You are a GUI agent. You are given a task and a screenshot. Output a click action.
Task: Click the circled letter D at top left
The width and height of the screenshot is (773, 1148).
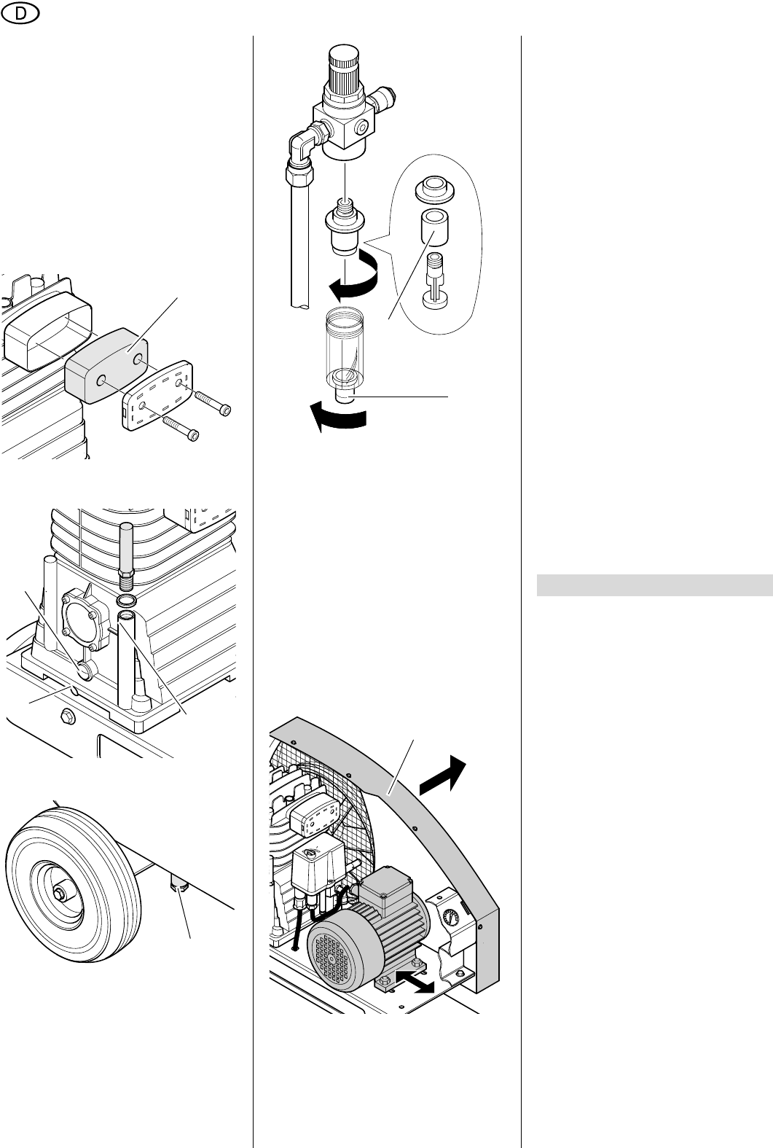point(20,14)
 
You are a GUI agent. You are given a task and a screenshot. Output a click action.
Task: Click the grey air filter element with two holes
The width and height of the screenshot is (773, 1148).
point(107,365)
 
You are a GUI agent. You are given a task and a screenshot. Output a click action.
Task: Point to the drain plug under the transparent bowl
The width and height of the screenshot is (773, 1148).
point(344,396)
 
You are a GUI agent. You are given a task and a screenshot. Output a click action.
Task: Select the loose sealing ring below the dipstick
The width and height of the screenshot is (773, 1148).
point(126,600)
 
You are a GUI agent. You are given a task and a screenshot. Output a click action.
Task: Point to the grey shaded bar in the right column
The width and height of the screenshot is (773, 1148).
point(655,585)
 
